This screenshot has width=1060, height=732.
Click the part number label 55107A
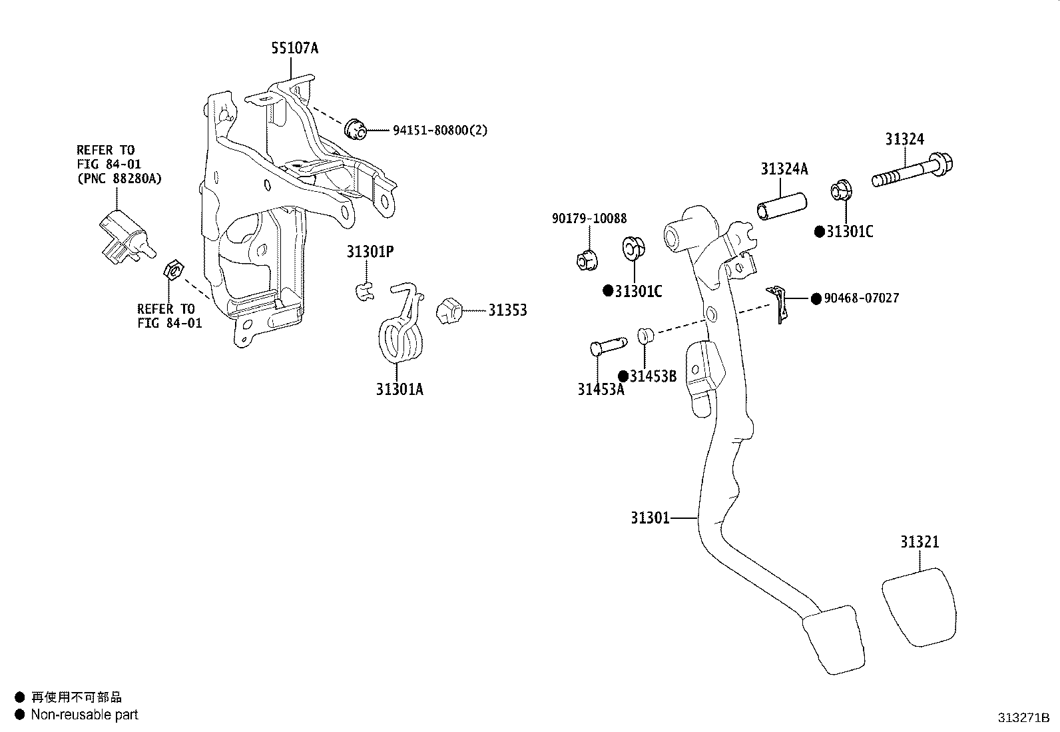(294, 48)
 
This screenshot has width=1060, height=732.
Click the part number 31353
(507, 310)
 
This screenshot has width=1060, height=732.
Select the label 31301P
(370, 252)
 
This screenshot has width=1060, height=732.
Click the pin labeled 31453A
(607, 348)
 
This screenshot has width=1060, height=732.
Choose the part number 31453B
(653, 376)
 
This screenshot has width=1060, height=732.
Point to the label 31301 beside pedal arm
(650, 518)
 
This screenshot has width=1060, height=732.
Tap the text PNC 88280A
(119, 178)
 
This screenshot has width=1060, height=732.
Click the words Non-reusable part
(85, 715)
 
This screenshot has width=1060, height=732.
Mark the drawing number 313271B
(1023, 718)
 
